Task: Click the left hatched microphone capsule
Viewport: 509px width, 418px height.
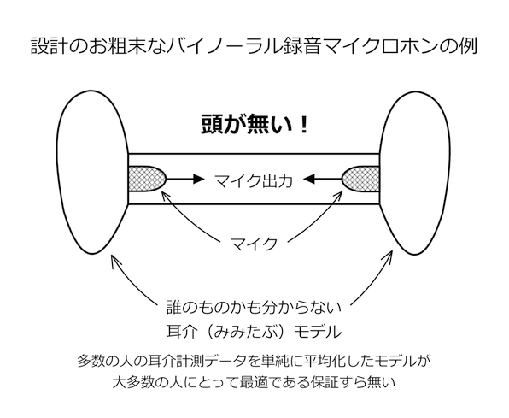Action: pos(147,179)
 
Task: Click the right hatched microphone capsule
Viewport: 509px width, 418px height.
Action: pos(361,179)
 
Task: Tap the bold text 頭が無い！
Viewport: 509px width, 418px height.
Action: pos(254,125)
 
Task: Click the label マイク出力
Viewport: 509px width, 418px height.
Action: pos(254,180)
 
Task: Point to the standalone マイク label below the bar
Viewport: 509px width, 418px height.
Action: pos(254,244)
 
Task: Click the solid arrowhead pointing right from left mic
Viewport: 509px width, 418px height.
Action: pos(198,179)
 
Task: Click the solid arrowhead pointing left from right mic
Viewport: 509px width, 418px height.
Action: pos(309,179)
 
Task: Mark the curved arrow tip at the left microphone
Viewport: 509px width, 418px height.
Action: pos(162,191)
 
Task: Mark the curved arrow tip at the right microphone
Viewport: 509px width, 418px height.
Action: pos(342,191)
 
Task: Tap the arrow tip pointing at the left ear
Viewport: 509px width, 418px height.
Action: pos(112,255)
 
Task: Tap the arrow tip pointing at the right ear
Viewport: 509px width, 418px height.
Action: pos(392,251)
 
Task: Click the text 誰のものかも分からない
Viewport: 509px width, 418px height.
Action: pos(254,307)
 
